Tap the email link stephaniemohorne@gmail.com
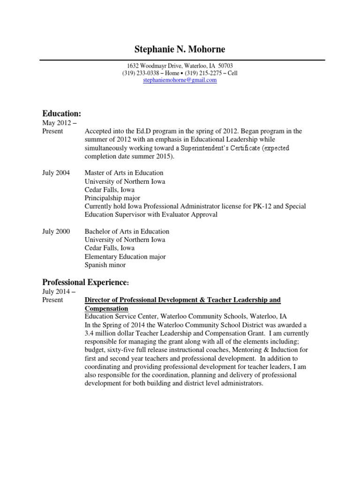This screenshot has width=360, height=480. tap(180, 80)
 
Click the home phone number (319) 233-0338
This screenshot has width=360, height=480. tap(141, 73)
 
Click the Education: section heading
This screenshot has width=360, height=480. tap(62, 114)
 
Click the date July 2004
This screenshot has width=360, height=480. tap(56, 173)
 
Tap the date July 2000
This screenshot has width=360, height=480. tap(56, 232)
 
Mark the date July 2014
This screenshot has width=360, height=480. tap(55, 292)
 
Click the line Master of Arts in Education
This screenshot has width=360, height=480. tap(124, 173)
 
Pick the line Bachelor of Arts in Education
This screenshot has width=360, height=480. tap(127, 232)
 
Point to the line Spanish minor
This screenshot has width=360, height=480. tap(105, 265)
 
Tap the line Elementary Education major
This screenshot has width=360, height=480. tap(125, 257)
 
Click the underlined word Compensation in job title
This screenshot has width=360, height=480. tap(106, 308)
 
